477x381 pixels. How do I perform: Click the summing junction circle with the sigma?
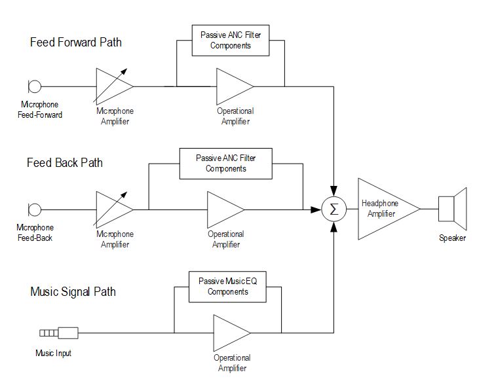pyautogui.click(x=334, y=209)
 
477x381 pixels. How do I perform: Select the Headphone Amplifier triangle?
pyautogui.click(x=383, y=209)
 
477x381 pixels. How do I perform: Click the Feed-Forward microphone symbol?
pyautogui.click(x=35, y=86)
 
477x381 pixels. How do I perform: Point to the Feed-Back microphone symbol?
pyautogui.click(x=35, y=209)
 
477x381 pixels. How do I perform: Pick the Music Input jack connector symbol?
pyautogui.click(x=58, y=332)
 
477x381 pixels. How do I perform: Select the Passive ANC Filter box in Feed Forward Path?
pyautogui.click(x=231, y=41)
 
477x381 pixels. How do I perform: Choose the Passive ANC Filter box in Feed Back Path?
pyautogui.click(x=225, y=164)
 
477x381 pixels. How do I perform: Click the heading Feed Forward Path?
pyautogui.click(x=76, y=43)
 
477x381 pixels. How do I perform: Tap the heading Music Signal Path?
pyautogui.click(x=73, y=291)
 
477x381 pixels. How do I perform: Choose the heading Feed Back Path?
pyautogui.click(x=65, y=162)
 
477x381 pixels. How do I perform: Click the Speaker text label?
pyautogui.click(x=452, y=238)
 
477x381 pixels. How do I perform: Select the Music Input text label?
pyautogui.click(x=53, y=354)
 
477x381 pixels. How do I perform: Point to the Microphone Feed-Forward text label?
pyautogui.click(x=41, y=110)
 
